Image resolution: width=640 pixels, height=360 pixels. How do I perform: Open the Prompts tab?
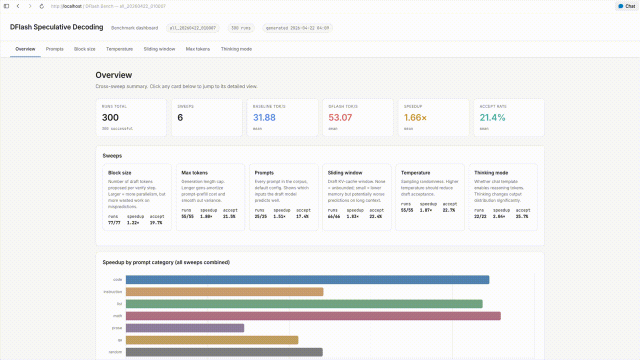coord(54,49)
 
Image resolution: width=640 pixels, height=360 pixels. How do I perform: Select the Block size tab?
coord(84,49)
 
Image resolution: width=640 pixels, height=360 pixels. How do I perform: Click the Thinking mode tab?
coord(236,49)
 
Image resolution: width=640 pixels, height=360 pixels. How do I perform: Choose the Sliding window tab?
coord(159,49)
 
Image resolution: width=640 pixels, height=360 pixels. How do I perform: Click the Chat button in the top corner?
coord(626,6)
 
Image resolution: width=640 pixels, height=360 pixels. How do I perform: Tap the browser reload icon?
coord(41,6)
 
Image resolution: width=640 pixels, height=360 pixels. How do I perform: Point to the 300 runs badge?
coord(240,28)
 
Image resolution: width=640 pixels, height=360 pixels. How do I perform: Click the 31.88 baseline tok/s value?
coord(264,117)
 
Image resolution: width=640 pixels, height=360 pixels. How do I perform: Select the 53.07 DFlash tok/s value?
coord(340,117)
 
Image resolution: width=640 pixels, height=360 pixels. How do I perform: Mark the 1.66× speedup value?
coord(415,117)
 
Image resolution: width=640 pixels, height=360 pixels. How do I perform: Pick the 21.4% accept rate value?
coord(492,117)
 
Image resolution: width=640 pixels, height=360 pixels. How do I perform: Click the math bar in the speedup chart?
coord(313,316)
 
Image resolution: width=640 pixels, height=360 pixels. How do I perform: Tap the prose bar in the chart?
coord(185,328)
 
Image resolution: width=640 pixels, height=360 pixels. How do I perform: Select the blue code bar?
coord(307,280)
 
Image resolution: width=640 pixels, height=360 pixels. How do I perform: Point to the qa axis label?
coord(119,340)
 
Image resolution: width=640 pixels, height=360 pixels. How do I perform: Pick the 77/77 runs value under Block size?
coord(114,222)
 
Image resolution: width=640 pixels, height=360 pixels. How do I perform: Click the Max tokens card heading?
coord(194,172)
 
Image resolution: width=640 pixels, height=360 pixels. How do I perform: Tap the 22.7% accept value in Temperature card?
coord(448,210)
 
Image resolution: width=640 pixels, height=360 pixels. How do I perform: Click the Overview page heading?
coord(114,75)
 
